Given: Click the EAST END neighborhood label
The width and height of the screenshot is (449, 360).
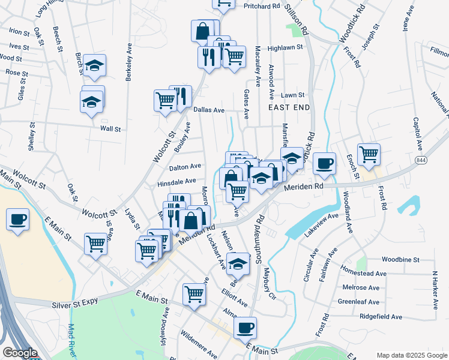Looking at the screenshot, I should click(x=289, y=107).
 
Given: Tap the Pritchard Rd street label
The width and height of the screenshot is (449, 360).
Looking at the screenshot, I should click(x=262, y=6).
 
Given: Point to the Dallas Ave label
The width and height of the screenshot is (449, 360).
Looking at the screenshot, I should click(x=209, y=110).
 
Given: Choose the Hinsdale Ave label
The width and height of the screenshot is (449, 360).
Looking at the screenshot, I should click(x=176, y=181).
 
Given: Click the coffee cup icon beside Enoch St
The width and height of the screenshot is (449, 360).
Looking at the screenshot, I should click(x=325, y=163).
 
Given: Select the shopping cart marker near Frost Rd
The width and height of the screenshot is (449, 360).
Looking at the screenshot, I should click(x=369, y=154).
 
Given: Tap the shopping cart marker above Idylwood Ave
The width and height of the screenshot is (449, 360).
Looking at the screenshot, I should click(x=194, y=294).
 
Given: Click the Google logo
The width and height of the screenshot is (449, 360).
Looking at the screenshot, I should click(x=20, y=353).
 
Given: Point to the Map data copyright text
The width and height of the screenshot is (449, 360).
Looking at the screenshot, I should click(x=411, y=355).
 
